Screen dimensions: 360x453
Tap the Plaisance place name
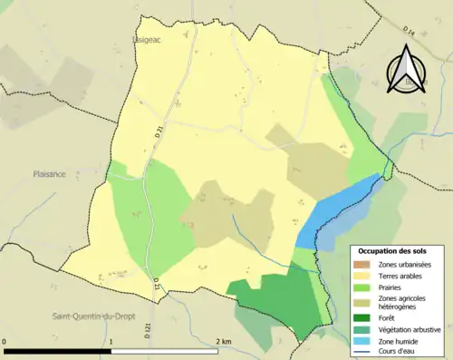[49, 174]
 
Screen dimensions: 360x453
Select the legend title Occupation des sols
[392, 250]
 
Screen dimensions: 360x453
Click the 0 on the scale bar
[5, 342]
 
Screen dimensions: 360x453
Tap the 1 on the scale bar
[111, 342]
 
